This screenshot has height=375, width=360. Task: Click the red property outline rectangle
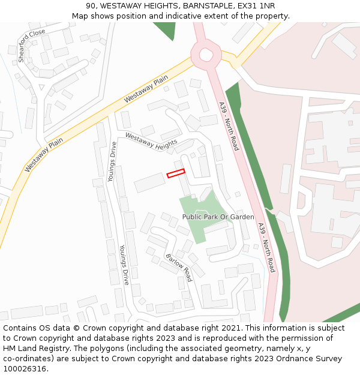[175, 173]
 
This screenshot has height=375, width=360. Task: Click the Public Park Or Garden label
[218, 217]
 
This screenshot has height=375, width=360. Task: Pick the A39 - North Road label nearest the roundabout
[228, 126]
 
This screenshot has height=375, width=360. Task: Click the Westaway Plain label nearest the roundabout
[146, 91]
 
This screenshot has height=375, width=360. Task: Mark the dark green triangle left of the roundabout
[165, 29]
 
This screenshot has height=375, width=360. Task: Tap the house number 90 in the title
[100, 6]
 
